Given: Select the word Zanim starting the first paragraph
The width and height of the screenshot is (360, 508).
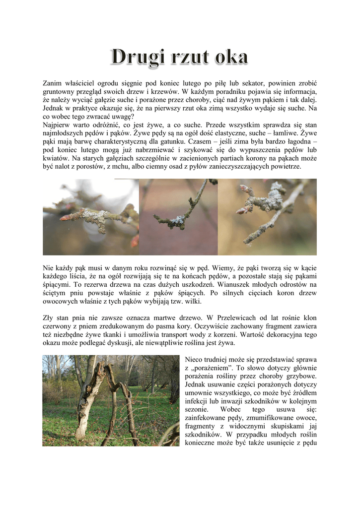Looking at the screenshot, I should point(53,82).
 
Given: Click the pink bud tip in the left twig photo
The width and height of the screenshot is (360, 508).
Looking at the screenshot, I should point(65,217).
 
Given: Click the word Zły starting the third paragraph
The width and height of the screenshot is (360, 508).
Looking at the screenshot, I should point(49,317).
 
